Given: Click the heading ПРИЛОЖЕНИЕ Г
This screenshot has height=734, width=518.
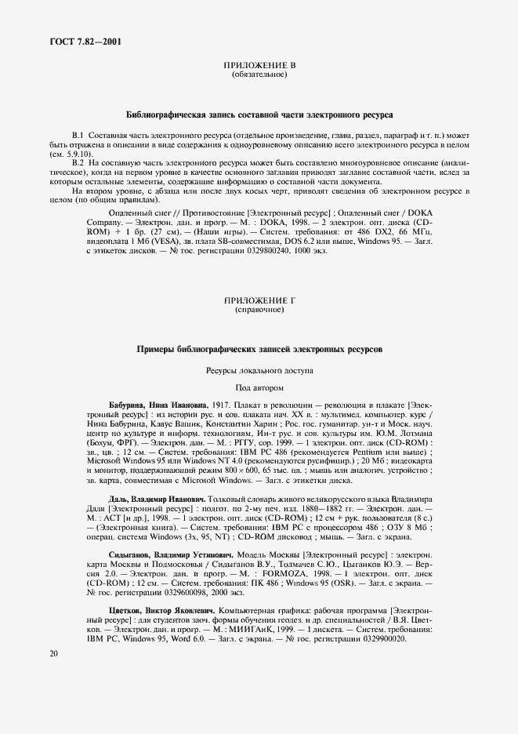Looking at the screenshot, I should click(259, 301).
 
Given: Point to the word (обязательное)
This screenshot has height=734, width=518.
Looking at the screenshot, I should click(259, 75).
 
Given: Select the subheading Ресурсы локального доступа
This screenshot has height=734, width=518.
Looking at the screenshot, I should click(259, 369).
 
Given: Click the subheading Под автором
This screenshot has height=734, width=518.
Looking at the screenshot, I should click(259, 387).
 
